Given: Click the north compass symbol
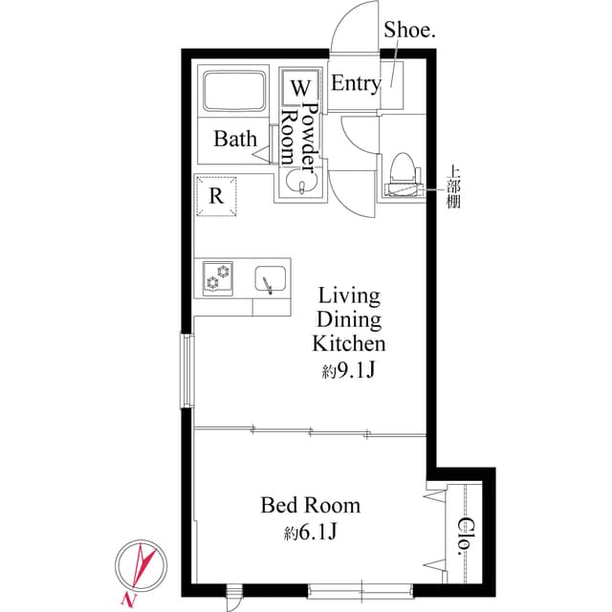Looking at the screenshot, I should coord(140,571).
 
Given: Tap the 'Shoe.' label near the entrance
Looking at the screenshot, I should coord(409,30).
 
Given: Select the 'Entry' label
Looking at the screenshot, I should coord(355,83).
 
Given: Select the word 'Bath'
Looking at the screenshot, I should coord(235,140).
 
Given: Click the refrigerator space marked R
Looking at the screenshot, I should coord(217,197).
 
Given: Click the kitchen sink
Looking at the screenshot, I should coord(271,279).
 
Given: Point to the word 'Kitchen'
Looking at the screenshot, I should coord(349,343).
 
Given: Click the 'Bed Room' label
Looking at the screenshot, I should coord(311,505).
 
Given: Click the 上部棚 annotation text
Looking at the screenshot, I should coord(454,188).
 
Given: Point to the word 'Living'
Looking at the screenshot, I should coord(349,295).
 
